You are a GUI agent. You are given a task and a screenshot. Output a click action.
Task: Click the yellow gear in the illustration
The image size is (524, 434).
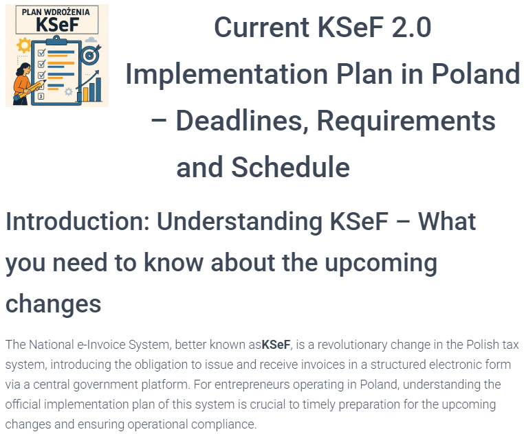(x=24, y=45)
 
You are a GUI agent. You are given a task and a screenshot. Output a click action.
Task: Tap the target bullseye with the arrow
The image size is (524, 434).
(x=89, y=55)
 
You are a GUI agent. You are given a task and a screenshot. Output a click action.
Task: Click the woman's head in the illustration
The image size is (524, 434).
(x=23, y=69)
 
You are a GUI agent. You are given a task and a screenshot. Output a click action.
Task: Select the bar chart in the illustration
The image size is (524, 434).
(x=89, y=89)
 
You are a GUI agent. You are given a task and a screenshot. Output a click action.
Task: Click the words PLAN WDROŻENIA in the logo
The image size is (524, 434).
(x=56, y=12)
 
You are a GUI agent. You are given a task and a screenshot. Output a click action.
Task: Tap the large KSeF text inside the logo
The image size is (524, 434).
(x=57, y=25)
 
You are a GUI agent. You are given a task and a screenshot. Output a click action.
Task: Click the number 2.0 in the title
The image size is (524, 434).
(x=411, y=27)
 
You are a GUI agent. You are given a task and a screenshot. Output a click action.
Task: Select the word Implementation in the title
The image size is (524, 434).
(x=226, y=74)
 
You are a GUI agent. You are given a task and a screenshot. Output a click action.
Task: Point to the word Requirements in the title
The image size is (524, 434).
(x=406, y=121)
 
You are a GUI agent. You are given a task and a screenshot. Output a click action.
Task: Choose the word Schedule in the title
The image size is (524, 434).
(x=290, y=167)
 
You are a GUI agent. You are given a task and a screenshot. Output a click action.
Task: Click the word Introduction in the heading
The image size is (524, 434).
(x=78, y=221)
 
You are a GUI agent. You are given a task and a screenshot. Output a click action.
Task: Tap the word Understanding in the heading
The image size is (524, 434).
(x=239, y=222)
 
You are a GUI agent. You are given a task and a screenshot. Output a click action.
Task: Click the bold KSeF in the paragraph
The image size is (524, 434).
(x=276, y=345)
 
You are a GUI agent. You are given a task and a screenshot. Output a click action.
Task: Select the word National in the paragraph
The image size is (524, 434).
(x=52, y=345)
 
